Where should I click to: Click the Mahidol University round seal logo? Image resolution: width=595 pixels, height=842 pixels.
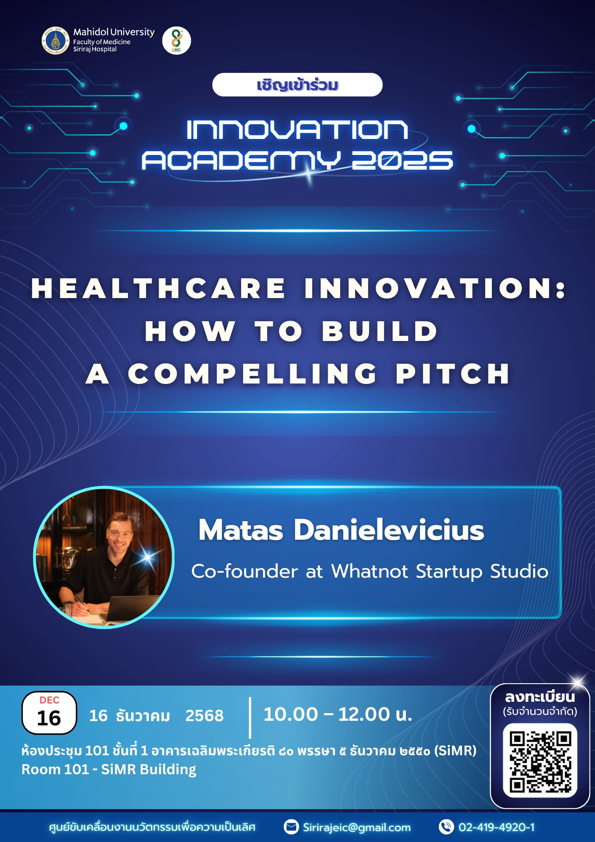56,40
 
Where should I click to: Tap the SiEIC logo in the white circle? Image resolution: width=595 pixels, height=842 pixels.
176,40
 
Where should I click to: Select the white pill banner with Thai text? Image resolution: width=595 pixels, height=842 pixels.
297,85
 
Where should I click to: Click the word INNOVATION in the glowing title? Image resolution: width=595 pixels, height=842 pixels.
297,129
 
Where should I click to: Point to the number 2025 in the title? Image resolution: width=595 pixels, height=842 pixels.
402,160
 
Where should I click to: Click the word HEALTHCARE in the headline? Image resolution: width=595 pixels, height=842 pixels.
158,289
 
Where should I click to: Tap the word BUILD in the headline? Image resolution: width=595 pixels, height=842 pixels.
380,331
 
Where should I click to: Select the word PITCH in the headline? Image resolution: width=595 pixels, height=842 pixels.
453,374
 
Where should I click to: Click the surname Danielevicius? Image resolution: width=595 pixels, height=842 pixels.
389,530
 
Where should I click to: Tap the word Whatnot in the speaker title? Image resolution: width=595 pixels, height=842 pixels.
369,571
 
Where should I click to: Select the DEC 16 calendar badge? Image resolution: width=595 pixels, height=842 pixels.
49,713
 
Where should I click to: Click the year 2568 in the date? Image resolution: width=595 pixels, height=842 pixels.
205,715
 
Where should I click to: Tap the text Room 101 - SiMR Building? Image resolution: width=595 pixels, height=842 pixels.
109,770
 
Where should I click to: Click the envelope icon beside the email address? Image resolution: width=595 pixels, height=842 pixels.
291,827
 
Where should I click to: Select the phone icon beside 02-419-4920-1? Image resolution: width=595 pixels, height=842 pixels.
446,827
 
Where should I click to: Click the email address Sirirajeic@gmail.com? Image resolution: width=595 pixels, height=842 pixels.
356,827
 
